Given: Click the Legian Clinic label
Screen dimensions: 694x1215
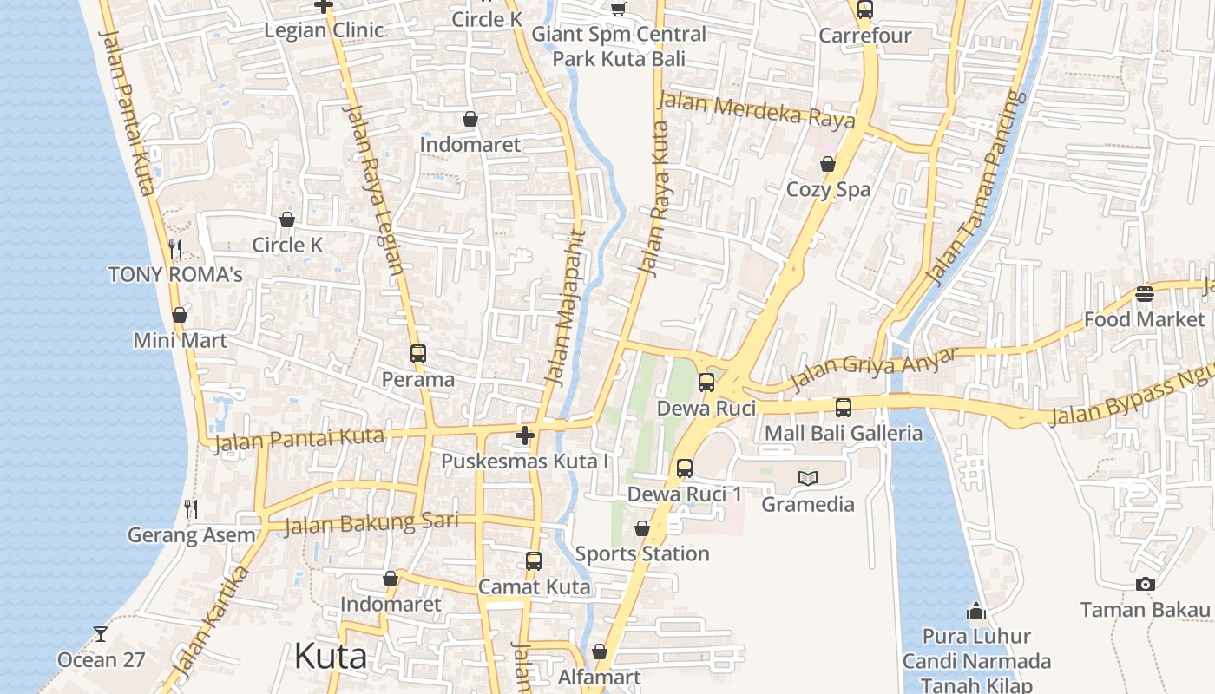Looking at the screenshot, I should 324,30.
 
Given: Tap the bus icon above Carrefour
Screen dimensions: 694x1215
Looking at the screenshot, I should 864,10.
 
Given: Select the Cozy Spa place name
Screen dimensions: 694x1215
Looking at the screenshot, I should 828,190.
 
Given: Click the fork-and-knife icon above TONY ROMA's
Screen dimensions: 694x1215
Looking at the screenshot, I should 175,249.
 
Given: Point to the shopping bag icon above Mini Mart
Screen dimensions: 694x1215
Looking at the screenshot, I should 180,314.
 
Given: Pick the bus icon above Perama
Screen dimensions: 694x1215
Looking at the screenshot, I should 418,353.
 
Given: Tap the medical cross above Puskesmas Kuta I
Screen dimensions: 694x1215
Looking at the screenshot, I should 524,435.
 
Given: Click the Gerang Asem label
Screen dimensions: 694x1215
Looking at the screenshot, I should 192,535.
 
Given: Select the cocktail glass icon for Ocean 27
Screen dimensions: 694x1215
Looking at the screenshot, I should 101,634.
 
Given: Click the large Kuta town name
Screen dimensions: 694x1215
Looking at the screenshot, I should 331,656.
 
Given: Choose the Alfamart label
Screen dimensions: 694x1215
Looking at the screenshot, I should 600,678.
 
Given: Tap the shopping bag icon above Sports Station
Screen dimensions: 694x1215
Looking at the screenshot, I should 642,528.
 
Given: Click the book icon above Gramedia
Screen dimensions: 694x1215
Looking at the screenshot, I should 808,478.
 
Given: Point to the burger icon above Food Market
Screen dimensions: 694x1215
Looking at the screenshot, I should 1145,293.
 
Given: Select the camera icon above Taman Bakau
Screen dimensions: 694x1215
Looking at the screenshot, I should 1146,584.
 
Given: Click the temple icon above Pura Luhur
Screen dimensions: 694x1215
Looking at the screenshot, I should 976,611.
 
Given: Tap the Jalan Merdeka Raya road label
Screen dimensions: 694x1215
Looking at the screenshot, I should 756,110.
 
